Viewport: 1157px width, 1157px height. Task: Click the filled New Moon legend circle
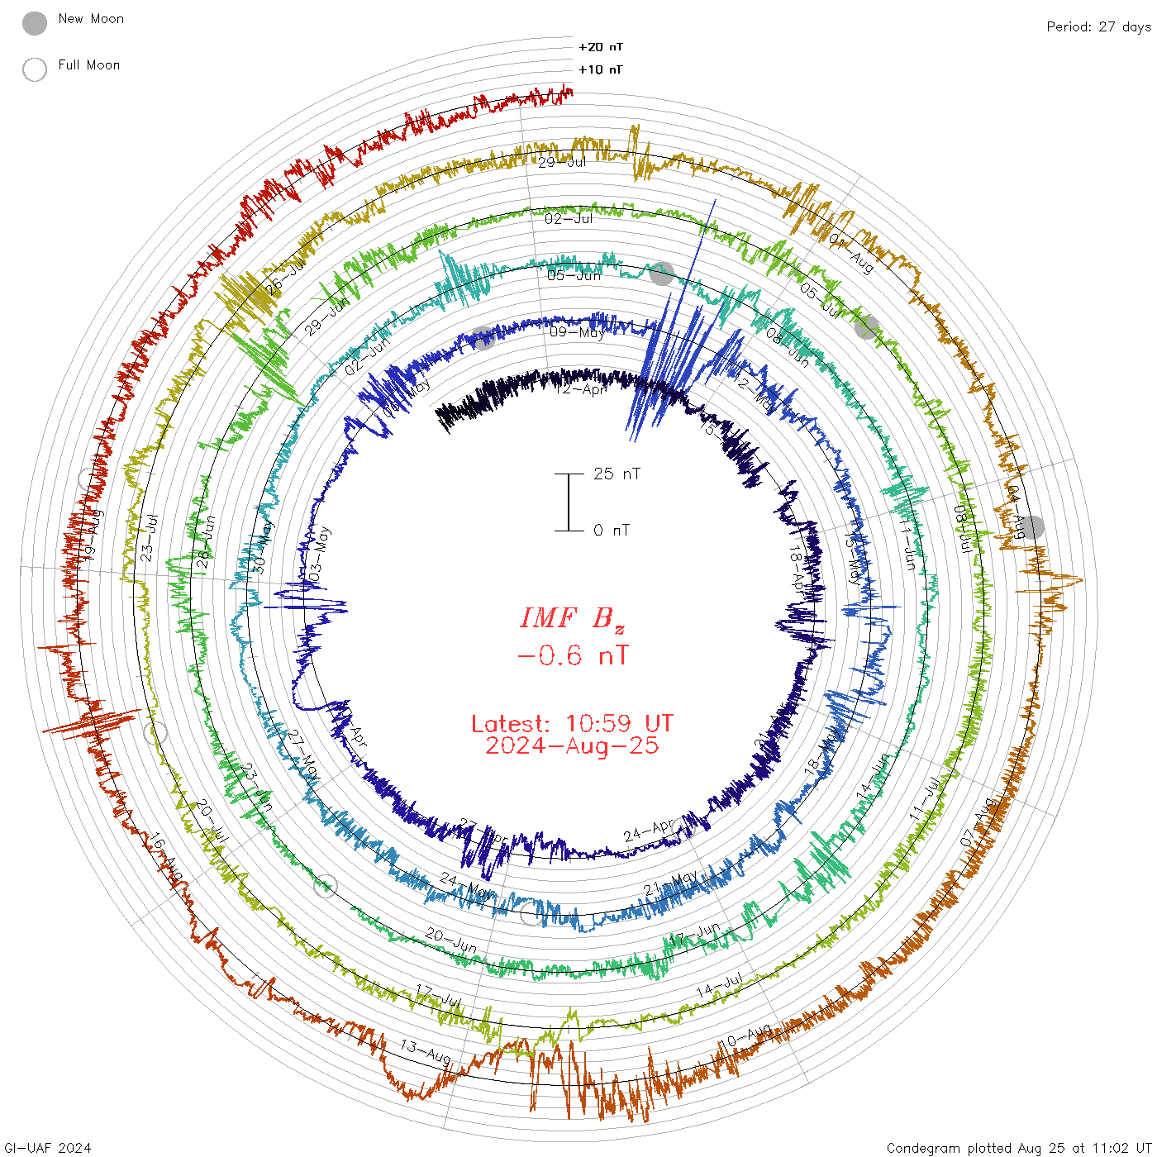point(35,24)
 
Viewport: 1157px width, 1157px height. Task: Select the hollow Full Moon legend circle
point(35,69)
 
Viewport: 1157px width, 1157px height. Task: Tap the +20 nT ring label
point(601,47)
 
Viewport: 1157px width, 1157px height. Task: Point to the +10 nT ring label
point(601,69)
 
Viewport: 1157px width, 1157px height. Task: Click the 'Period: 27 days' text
point(1098,26)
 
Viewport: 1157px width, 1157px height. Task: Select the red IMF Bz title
point(572,618)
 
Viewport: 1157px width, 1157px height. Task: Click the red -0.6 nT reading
point(572,656)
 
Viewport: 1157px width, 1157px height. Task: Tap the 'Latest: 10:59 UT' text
point(572,724)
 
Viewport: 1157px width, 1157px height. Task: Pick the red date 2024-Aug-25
point(572,745)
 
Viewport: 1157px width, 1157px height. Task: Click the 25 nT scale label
point(617,474)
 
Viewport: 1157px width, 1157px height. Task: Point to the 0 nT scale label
point(612,530)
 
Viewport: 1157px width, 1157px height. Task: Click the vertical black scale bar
point(569,502)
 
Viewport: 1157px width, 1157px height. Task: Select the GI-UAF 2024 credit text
point(48,1148)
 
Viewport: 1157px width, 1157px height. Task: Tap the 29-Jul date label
point(562,162)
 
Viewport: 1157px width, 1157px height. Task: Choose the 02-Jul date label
point(569,219)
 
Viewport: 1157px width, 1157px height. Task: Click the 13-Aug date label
point(426,1051)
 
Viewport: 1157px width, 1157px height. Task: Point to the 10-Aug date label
point(747,1036)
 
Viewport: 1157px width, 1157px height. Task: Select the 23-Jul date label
point(149,538)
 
